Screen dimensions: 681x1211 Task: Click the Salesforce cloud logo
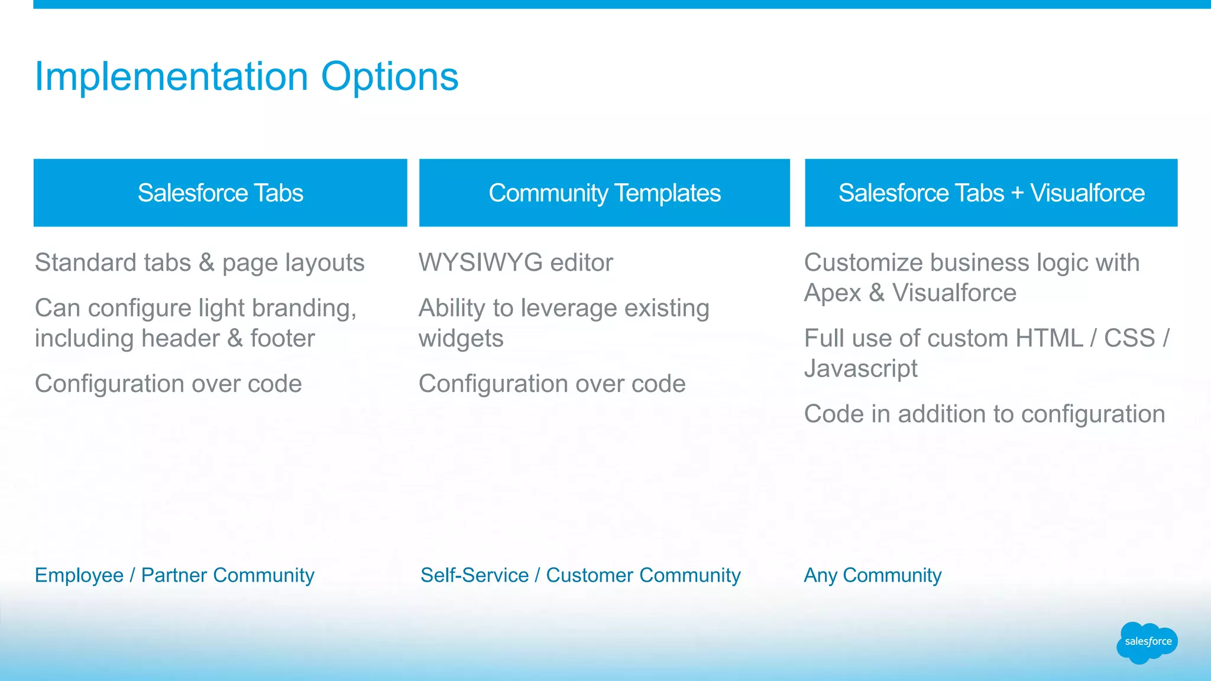[1147, 642]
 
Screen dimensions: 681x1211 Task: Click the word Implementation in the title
[171, 77]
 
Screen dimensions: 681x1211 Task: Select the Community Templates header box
[604, 193]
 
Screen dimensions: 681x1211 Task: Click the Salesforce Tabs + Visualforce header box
[991, 193]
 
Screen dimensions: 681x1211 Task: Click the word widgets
[461, 339]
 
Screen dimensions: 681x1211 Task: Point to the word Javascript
[860, 369]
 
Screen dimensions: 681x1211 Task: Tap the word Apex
[832, 293]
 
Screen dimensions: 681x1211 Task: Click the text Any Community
[872, 575]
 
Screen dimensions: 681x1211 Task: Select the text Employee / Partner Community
[174, 575]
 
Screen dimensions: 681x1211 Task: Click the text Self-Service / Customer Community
[580, 575]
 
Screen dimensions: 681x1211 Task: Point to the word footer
[282, 339]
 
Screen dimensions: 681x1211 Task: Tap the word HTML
[1048, 339]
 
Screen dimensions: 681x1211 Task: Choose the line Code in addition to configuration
[984, 414]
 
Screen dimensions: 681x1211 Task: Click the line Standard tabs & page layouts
[199, 263]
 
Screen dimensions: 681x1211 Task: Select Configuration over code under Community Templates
[552, 384]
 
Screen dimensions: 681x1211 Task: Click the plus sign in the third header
[1017, 193]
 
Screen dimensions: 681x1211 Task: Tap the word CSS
[1129, 339]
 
